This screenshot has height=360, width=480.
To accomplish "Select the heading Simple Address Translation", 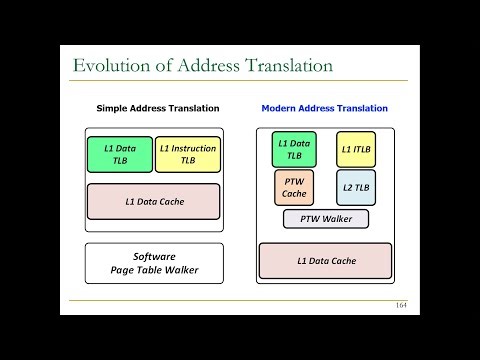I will coord(158,108).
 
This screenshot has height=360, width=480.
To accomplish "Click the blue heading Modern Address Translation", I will coord(324,108).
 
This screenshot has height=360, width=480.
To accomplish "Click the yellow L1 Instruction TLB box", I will coord(187,153).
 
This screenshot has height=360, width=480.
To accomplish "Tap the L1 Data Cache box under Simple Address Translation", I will coord(153,201).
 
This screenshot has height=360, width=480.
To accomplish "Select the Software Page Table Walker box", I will coord(153,263).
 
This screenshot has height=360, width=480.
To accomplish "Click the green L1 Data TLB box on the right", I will coord(294,149).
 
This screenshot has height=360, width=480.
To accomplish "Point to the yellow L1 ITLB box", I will coord(355,149).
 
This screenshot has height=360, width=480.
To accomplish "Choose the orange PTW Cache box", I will coord(294,187).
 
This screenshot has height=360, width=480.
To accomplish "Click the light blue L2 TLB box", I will coord(355,187).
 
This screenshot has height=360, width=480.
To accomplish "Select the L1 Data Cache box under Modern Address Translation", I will coord(325,261).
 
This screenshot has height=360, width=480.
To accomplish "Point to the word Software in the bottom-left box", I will coord(153,256).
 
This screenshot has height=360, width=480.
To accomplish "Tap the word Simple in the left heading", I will coord(114,108).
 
